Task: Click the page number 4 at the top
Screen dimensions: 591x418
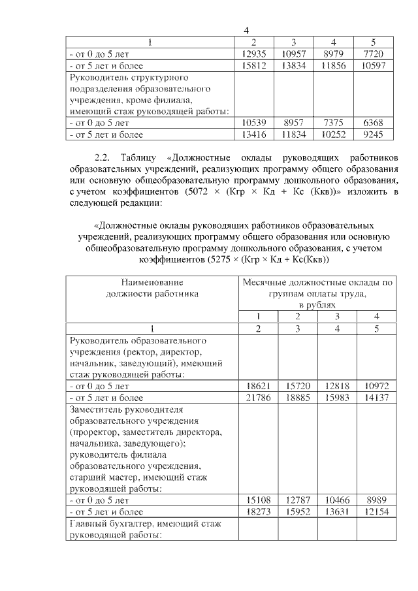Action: (247, 31)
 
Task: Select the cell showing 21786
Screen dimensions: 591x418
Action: (258, 397)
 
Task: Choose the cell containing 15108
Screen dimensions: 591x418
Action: (258, 500)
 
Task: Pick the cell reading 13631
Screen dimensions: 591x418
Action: (337, 511)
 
